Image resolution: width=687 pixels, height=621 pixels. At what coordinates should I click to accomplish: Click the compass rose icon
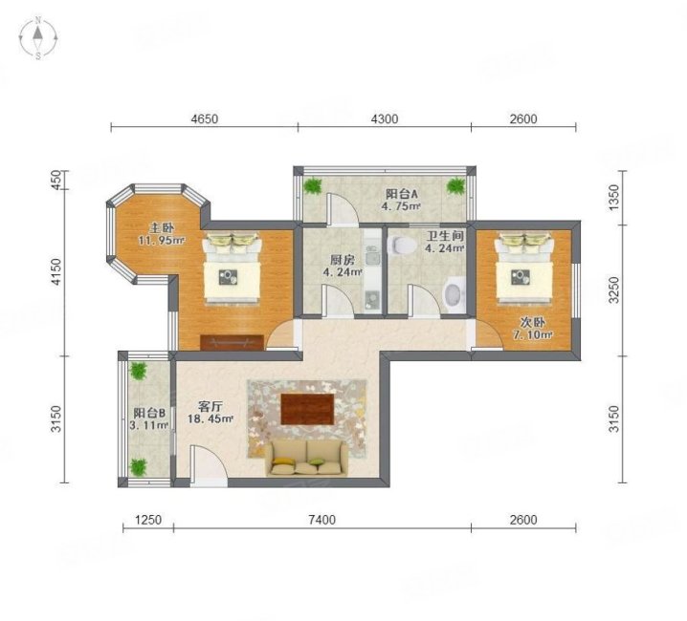pyautogui.click(x=38, y=38)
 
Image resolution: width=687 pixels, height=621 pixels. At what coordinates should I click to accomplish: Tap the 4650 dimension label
pyautogui.click(x=205, y=118)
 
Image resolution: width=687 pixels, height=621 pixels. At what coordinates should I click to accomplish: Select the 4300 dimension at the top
pyautogui.click(x=385, y=118)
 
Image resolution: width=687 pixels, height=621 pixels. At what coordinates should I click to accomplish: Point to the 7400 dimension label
pyautogui.click(x=322, y=520)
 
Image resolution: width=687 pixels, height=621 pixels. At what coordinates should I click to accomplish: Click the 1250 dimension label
pyautogui.click(x=148, y=520)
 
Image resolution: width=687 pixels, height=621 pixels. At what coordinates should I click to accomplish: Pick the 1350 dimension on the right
pyautogui.click(x=614, y=198)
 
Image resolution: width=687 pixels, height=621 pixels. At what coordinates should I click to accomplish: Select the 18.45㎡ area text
pyautogui.click(x=210, y=418)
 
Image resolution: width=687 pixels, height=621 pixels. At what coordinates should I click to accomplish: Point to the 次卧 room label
pyautogui.click(x=532, y=322)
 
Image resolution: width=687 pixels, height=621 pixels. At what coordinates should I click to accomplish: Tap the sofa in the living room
pyautogui.click(x=306, y=459)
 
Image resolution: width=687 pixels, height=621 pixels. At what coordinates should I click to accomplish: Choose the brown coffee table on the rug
pyautogui.click(x=307, y=409)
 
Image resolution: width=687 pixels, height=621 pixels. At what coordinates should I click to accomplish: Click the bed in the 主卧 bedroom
pyautogui.click(x=232, y=268)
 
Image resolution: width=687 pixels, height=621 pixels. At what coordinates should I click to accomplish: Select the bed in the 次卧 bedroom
pyautogui.click(x=523, y=268)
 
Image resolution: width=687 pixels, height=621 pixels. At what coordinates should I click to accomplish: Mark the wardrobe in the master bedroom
pyautogui.click(x=232, y=343)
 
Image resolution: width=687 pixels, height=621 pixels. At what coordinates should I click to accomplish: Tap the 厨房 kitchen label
pyautogui.click(x=343, y=261)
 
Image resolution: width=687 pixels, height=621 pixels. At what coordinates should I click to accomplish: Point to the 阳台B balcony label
pyautogui.click(x=149, y=413)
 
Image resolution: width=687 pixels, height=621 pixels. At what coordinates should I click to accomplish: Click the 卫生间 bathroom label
pyautogui.click(x=446, y=236)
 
